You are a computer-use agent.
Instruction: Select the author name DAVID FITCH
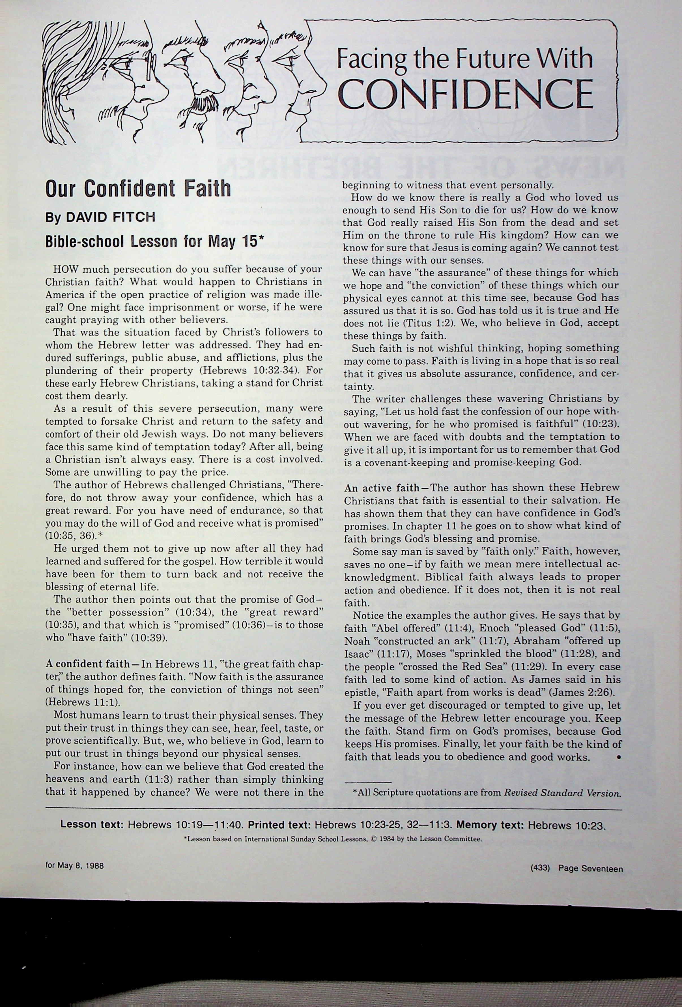tap(110, 217)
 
